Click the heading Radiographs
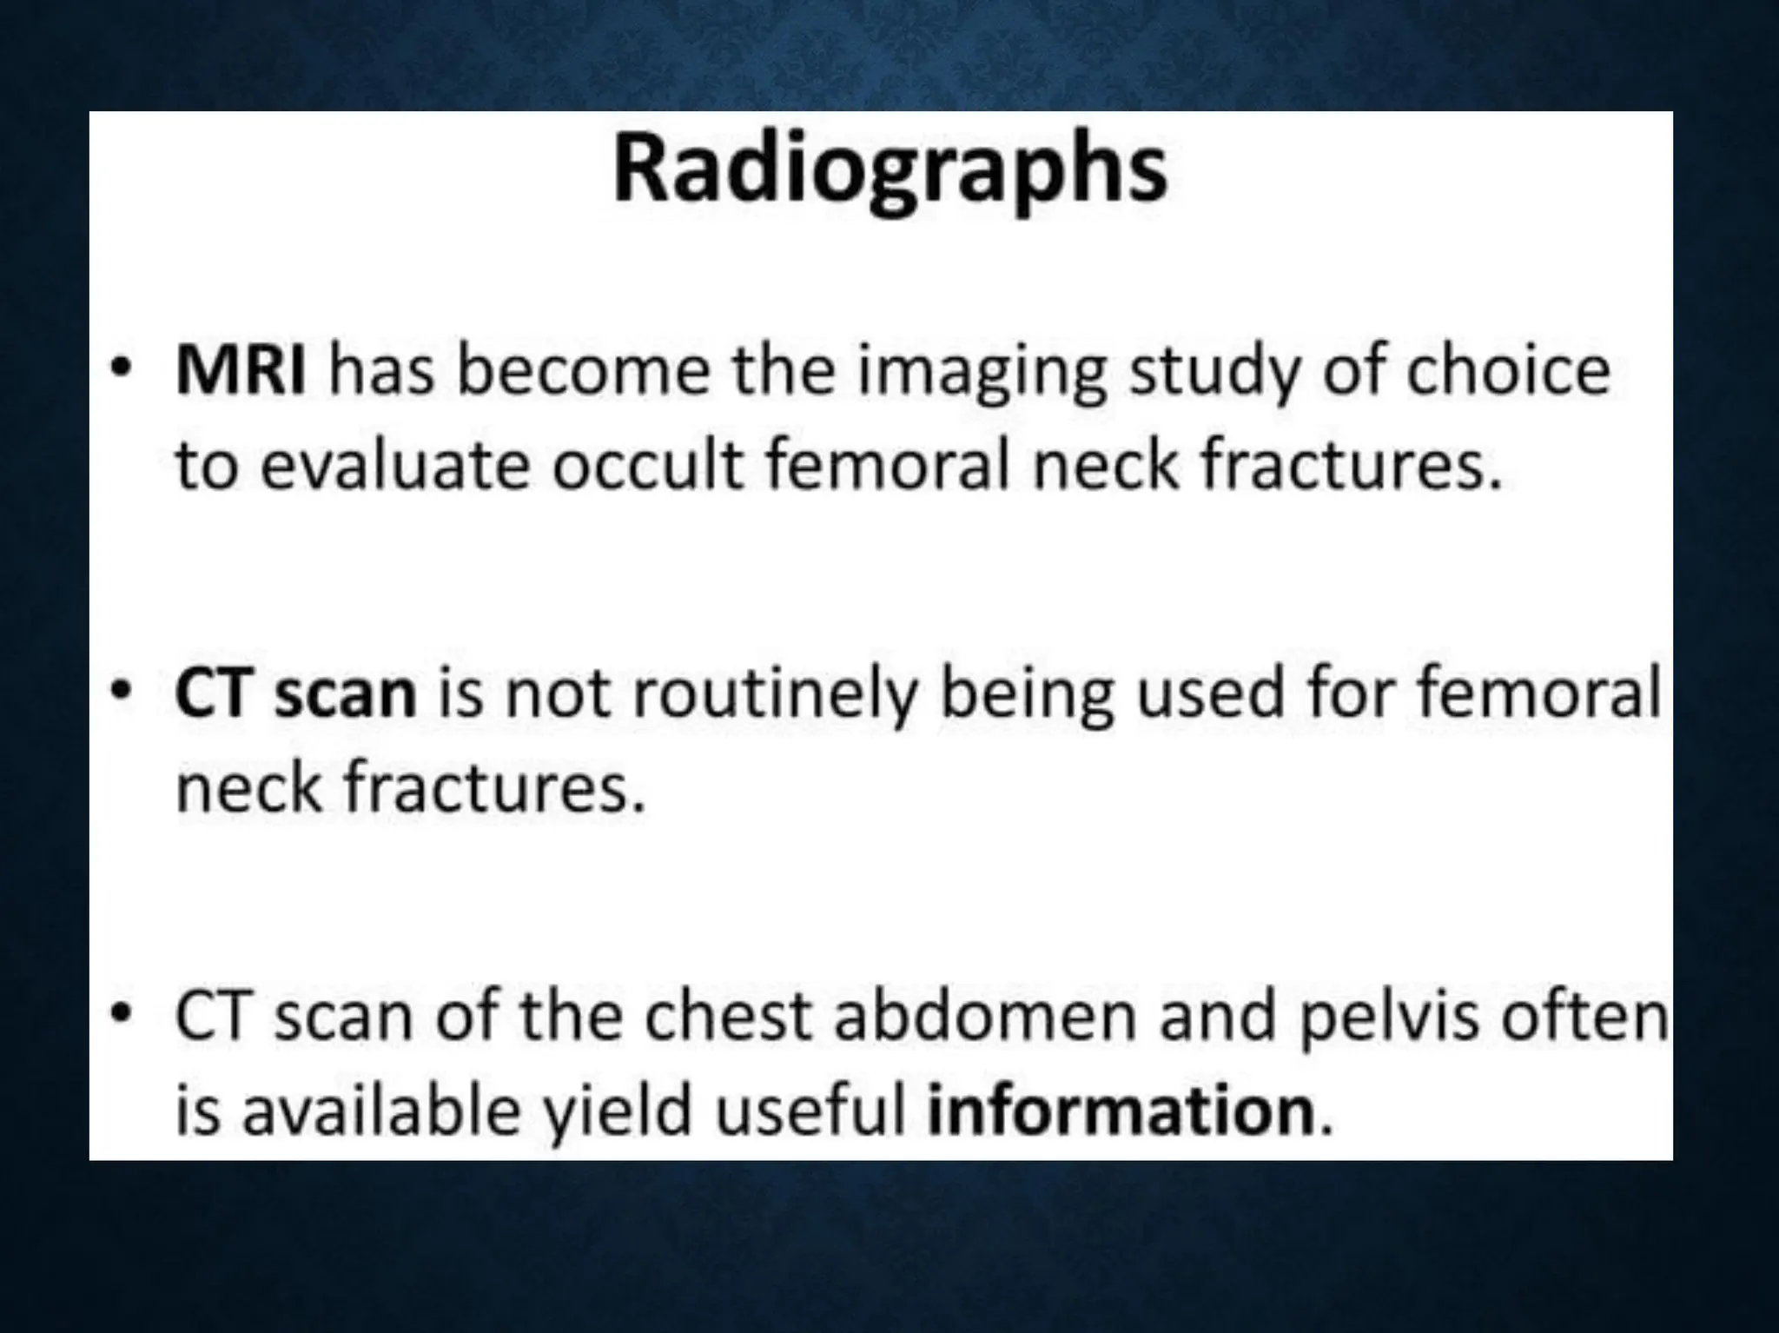(x=889, y=169)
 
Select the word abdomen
(x=985, y=1017)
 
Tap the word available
(x=380, y=1111)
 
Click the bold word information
(x=1121, y=1111)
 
